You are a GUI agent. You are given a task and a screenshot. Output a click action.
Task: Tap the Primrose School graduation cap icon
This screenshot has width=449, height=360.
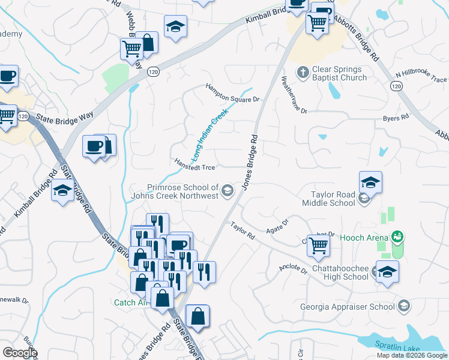[x=227, y=191]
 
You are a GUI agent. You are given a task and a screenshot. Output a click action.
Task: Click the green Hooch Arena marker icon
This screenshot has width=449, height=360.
[x=396, y=237]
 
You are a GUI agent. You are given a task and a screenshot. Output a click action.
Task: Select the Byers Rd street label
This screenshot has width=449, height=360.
[x=396, y=118]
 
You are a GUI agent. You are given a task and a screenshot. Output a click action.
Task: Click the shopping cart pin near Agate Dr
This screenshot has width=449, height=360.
[x=318, y=244]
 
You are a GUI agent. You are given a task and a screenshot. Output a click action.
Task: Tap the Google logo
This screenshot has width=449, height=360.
[x=20, y=352]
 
